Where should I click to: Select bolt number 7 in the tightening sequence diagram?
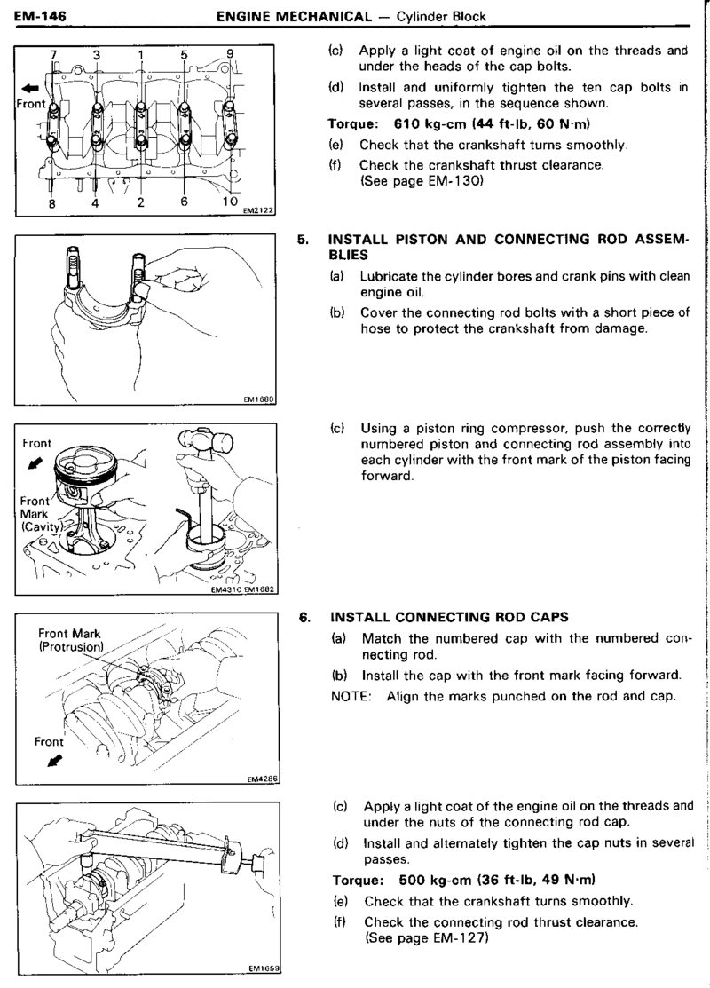(x=53, y=55)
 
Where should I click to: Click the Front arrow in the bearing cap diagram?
(x=30, y=88)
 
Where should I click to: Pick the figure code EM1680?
(x=257, y=399)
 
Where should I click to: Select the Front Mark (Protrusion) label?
(x=71, y=640)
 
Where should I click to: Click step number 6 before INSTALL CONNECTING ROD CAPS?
(x=304, y=615)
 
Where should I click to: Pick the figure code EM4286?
(x=264, y=780)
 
